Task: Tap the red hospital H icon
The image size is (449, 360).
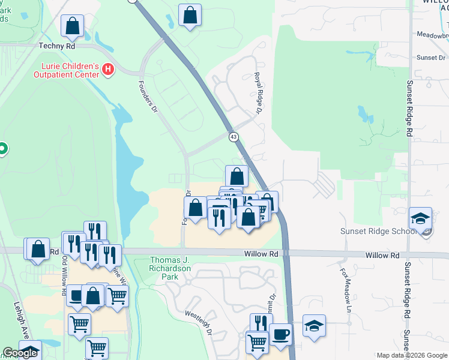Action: point(108,69)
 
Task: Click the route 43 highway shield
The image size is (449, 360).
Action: point(233,137)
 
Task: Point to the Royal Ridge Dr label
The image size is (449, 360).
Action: point(258,93)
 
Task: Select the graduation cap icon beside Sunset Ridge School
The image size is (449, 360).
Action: point(421,218)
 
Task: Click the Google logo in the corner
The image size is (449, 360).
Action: point(20,353)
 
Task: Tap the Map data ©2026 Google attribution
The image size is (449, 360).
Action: point(412,355)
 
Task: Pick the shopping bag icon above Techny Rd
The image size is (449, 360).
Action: point(72,26)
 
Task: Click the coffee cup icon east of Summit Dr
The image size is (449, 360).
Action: point(280,334)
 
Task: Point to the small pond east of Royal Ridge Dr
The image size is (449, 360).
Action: point(363,112)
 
